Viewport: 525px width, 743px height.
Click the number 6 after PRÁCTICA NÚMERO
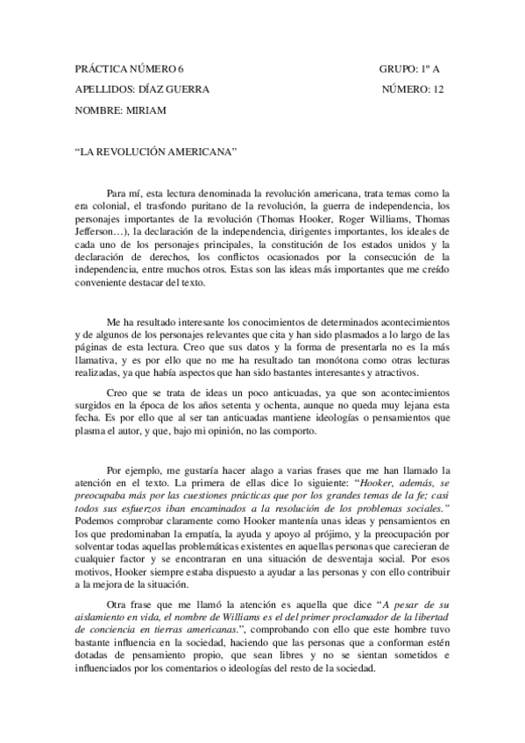pos(181,68)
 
